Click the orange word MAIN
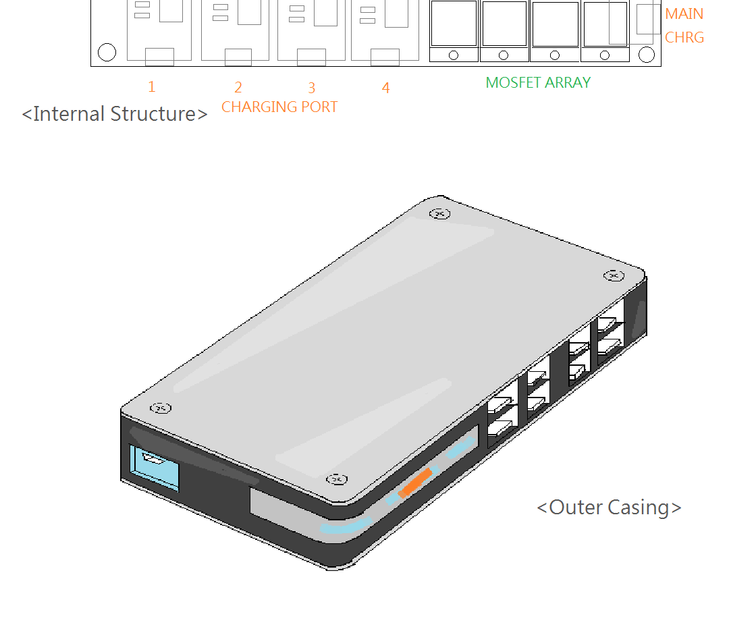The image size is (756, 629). (x=684, y=13)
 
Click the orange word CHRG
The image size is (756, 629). (x=684, y=37)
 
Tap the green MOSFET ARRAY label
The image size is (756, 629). (x=538, y=82)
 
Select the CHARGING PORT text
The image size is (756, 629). (x=279, y=107)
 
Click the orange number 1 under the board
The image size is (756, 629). (x=152, y=86)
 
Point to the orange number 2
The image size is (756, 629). (x=238, y=87)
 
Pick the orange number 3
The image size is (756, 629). (x=312, y=88)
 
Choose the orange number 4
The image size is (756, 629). (x=385, y=88)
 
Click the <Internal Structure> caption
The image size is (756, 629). (x=115, y=113)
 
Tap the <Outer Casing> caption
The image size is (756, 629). (x=609, y=507)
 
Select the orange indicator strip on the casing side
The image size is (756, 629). (x=414, y=483)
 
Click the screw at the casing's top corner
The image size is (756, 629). (x=440, y=214)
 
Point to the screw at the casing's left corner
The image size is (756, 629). (x=160, y=408)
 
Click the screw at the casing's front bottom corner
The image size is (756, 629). (x=336, y=479)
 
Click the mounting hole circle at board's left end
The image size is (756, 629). (x=107, y=52)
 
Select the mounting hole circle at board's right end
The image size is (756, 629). (x=647, y=55)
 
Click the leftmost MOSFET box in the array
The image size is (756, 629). (x=454, y=24)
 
